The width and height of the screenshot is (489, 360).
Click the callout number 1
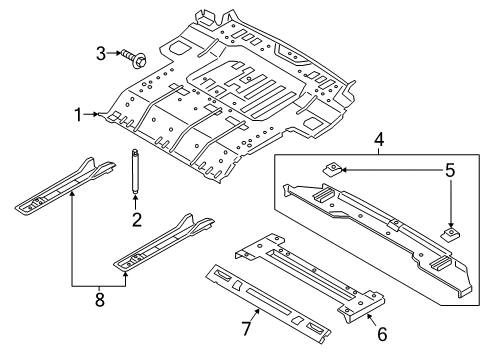click(x=77, y=116)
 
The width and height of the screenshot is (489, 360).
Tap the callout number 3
click(x=101, y=52)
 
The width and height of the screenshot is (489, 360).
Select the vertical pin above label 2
click(x=131, y=173)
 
